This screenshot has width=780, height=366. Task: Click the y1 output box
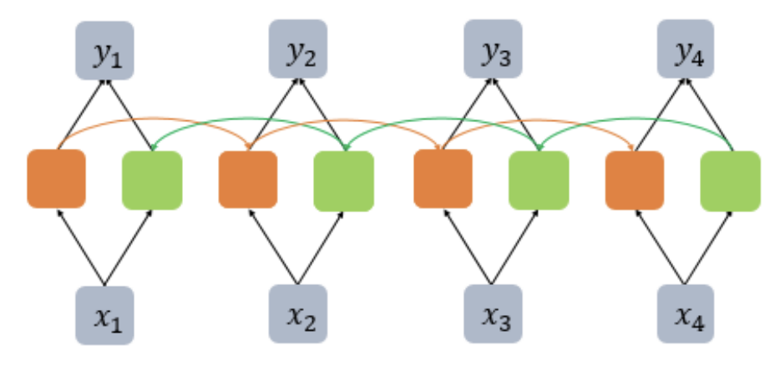tap(104, 49)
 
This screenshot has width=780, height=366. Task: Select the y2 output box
tap(297, 49)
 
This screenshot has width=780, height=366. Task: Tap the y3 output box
tap(493, 49)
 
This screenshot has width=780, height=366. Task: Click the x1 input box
tap(104, 315)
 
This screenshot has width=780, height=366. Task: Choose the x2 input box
tap(297, 315)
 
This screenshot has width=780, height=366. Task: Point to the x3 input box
tap(493, 315)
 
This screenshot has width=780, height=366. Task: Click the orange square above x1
tap(56, 178)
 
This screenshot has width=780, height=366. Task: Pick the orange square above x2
tap(248, 179)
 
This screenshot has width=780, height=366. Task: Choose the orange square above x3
tap(443, 179)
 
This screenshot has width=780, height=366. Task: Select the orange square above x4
tap(635, 179)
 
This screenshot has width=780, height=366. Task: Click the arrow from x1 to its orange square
tap(79, 247)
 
